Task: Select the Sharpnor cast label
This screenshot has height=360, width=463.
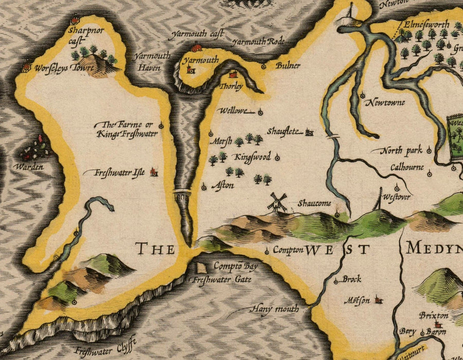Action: coord(82,34)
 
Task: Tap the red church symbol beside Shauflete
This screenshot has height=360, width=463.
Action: coord(310,132)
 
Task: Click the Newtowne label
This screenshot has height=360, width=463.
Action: coord(385,103)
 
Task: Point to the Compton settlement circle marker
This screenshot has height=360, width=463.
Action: coord(267,251)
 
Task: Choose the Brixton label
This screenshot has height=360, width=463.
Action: coord(433,315)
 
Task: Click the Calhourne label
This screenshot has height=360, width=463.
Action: coord(407,168)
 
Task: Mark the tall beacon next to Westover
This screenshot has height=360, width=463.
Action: coord(380,199)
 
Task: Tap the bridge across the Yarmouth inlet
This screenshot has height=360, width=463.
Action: coord(182,194)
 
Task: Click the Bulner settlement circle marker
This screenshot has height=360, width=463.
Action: coord(264,66)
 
